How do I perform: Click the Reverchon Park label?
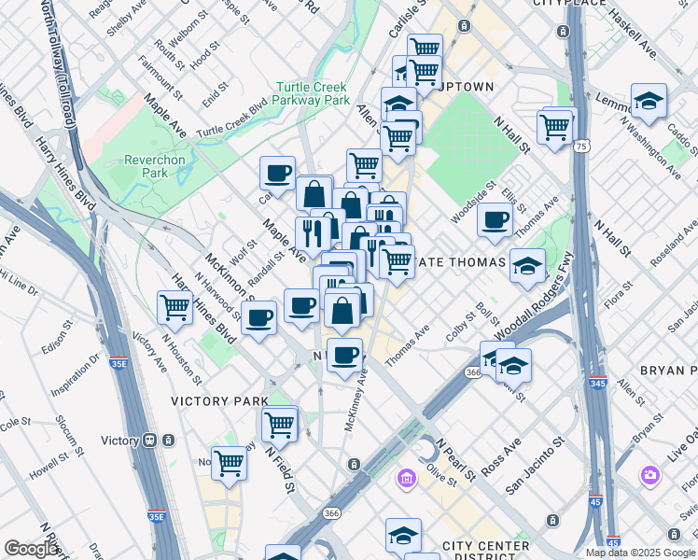click(155, 166)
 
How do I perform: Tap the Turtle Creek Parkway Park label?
click(313, 93)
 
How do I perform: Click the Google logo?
click(30, 549)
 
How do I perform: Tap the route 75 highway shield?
click(582, 147)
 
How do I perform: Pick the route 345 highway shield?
click(597, 383)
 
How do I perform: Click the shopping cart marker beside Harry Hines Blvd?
click(175, 305)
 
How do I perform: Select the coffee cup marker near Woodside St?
click(495, 220)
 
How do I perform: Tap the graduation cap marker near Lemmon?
click(649, 100)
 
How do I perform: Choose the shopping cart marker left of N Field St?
click(229, 461)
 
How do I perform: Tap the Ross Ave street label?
click(501, 444)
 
